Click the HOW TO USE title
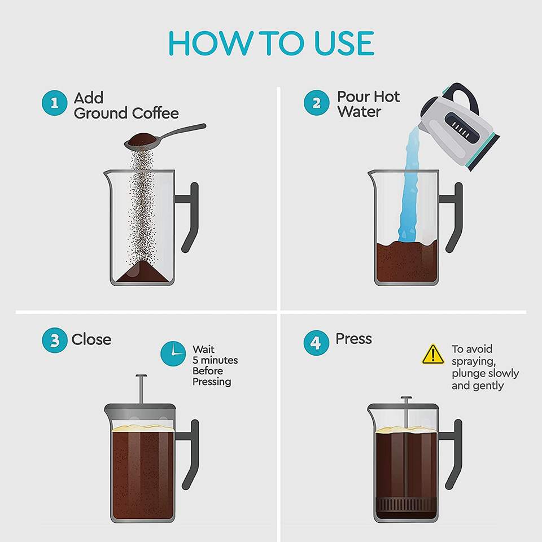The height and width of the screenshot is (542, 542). point(271,43)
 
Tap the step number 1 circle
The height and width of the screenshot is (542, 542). point(54,103)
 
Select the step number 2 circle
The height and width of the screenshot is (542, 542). point(316,103)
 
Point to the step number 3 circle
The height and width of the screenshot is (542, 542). point(54,340)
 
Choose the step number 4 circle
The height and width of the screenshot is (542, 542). point(316,343)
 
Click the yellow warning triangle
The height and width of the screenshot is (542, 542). point(433,355)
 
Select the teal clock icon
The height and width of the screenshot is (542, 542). point(173,353)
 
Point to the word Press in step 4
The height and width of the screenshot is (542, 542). point(353,339)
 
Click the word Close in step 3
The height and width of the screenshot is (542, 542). point(91,339)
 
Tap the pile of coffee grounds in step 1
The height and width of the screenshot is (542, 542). point(142,272)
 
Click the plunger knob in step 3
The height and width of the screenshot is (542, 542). point(141,376)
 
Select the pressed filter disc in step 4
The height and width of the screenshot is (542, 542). point(406,504)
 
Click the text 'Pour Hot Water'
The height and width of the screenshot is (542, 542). point(369,104)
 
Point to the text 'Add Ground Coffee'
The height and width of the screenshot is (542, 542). point(126,106)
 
